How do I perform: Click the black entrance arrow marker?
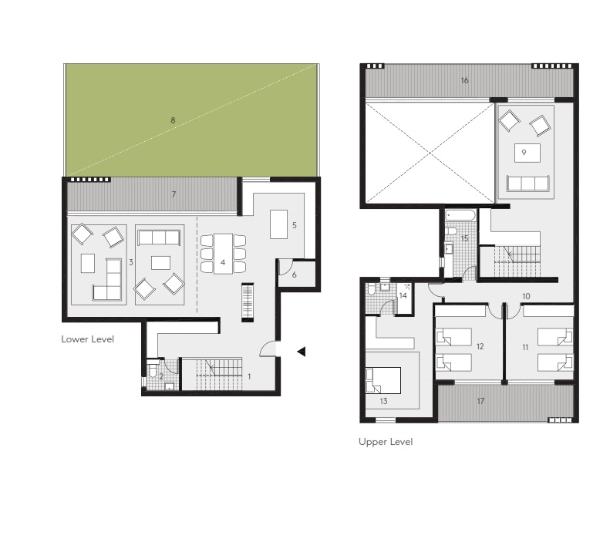(x=302, y=352)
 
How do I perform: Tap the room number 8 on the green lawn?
(x=173, y=120)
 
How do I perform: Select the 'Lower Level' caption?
(x=87, y=339)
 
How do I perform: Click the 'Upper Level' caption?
(x=385, y=442)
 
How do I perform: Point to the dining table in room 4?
(x=223, y=252)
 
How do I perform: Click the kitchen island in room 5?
(x=278, y=224)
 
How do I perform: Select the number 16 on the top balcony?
(x=464, y=80)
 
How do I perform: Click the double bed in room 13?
(x=383, y=379)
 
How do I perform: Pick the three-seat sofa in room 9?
(x=527, y=183)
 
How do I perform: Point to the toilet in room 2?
(x=153, y=373)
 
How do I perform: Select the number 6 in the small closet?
(x=294, y=274)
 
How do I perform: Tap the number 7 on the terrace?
(x=174, y=194)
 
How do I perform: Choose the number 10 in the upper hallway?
(x=525, y=296)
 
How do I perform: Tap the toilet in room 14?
(x=372, y=288)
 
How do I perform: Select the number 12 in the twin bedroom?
(x=480, y=347)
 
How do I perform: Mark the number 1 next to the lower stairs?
(x=249, y=376)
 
